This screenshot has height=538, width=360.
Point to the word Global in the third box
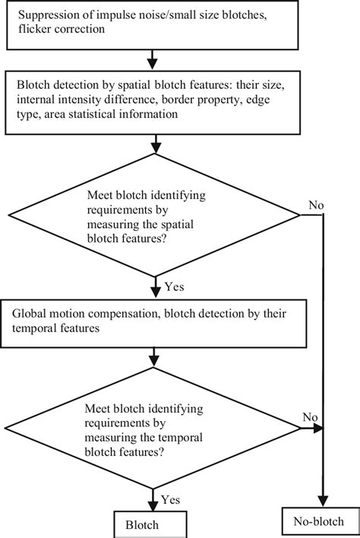[29, 313]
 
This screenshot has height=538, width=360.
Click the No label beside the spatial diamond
[316, 205]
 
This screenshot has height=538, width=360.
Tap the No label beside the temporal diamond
[309, 416]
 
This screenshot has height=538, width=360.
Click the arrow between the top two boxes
[155, 58]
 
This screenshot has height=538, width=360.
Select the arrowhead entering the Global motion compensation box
[155, 294]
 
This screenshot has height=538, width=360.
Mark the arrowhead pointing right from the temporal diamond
[319, 428]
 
